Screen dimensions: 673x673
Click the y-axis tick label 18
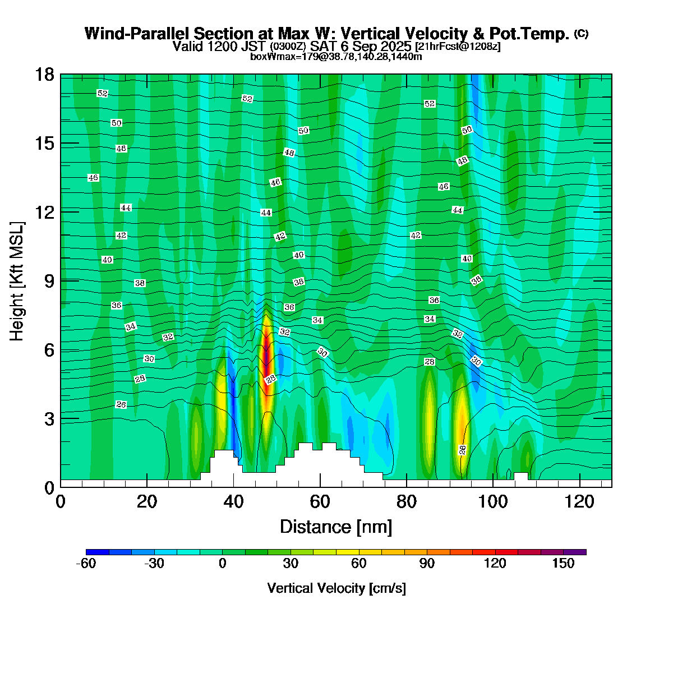pos(45,75)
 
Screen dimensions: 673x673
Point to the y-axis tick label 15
pos(45,144)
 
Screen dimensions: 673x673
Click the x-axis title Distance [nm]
pos(336,527)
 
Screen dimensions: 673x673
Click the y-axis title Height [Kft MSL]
pos(17,280)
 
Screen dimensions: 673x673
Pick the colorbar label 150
pos(563,564)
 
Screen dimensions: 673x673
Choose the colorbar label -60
pos(86,564)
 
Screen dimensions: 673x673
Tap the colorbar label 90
pos(427,564)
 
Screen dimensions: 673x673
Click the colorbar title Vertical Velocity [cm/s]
pos(336,588)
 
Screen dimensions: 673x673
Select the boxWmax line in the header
pos(336,56)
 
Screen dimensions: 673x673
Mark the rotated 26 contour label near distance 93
pos(462,449)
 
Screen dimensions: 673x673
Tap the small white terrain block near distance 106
pos(521,476)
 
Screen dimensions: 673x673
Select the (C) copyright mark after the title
pos(581,34)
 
